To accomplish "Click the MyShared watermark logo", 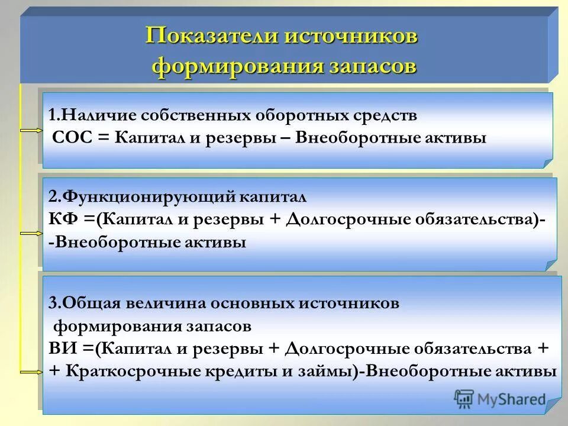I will click(500, 399).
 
